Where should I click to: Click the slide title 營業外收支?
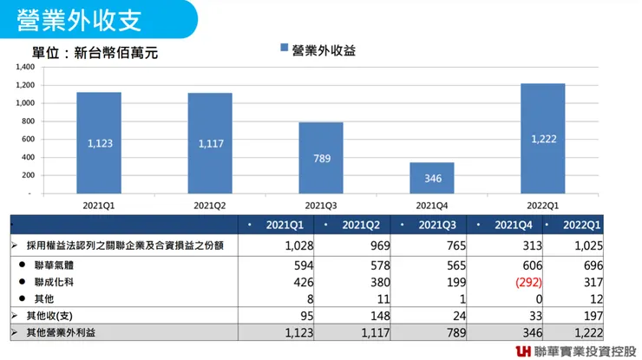pyautogui.click(x=79, y=19)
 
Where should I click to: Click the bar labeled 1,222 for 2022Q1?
pyautogui.click(x=542, y=139)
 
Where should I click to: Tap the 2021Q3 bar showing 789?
pyautogui.click(x=320, y=158)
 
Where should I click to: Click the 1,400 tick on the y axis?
pyautogui.click(x=24, y=67)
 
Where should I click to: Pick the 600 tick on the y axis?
pyautogui.click(x=27, y=139)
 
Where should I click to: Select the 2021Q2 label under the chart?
pyautogui.click(x=209, y=205)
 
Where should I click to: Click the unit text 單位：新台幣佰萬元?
pyautogui.click(x=95, y=53)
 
